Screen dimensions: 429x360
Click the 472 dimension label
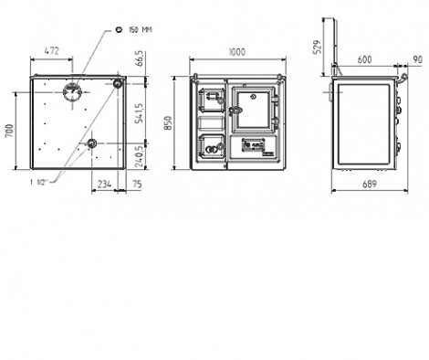coord(51,51)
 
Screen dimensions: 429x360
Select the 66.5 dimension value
coord(140,58)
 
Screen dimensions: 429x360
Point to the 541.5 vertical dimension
coord(140,113)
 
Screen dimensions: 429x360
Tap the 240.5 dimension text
coord(140,156)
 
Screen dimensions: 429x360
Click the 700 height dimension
coord(10,131)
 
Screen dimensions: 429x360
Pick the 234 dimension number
coord(104,184)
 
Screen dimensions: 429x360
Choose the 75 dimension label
coord(138,184)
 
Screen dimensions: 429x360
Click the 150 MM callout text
coord(141,30)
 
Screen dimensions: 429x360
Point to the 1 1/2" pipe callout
coord(37,183)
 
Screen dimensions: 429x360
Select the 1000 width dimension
coord(236,52)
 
